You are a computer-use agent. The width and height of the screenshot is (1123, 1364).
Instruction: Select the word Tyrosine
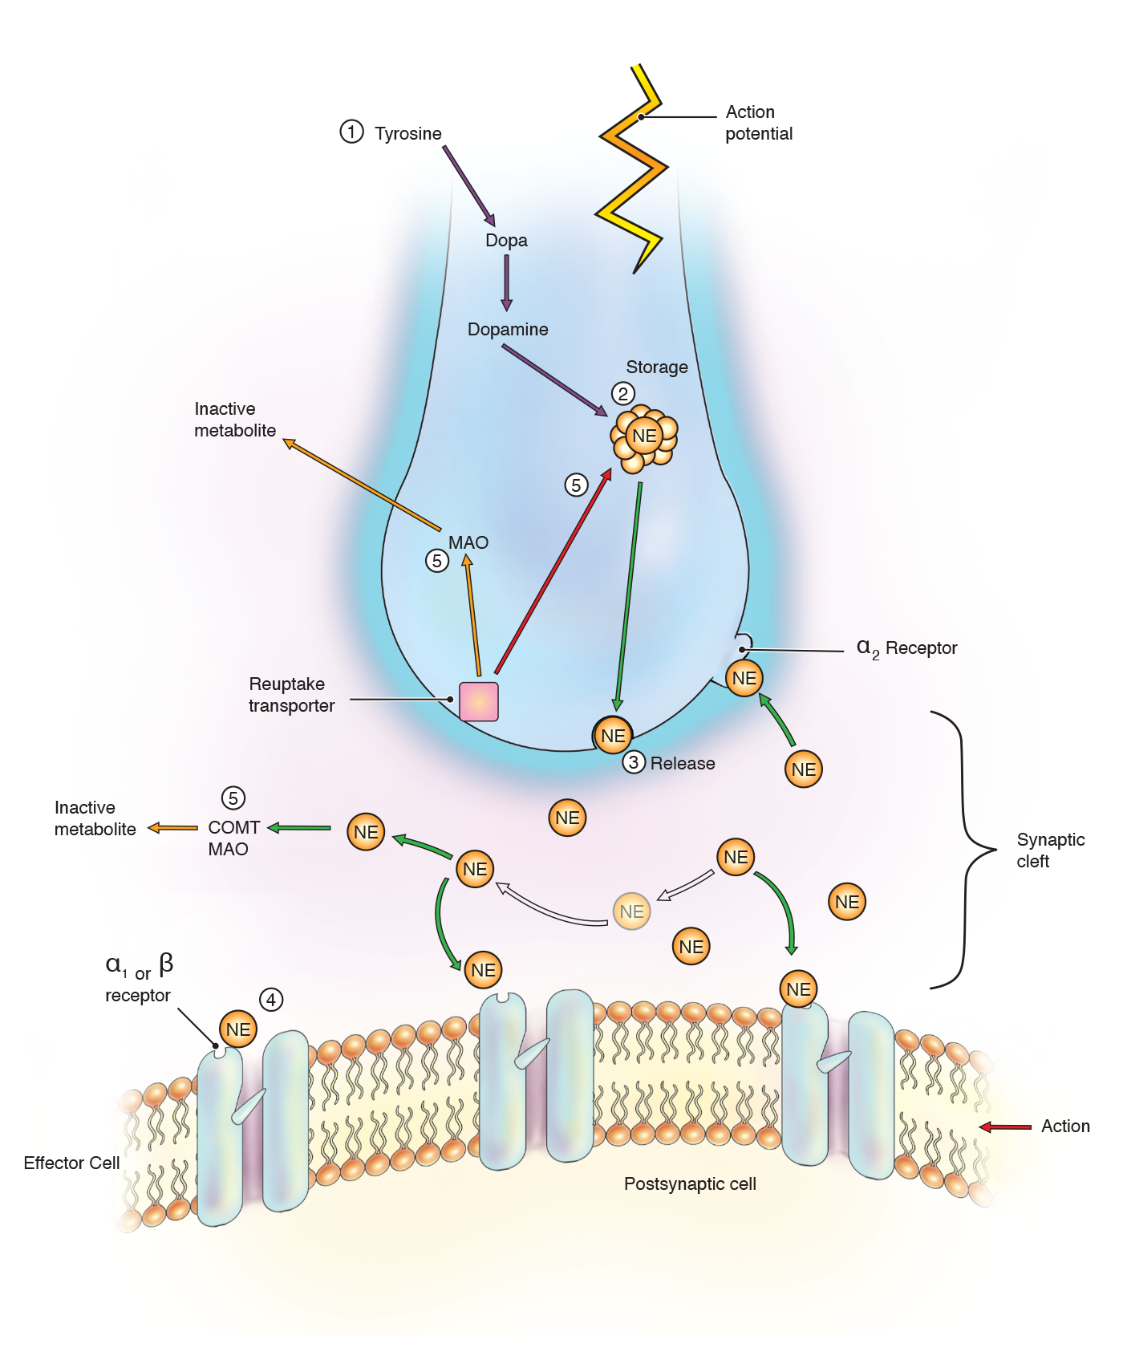point(407,133)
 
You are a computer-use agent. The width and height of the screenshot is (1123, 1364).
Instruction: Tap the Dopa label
point(506,240)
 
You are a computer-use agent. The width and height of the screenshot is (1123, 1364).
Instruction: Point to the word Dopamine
point(508,329)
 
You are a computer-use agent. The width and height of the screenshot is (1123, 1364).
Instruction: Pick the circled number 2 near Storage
point(623,393)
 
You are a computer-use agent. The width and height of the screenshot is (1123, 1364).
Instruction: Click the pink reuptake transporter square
point(479,701)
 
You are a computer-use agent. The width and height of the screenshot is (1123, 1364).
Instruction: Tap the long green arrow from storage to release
point(629,594)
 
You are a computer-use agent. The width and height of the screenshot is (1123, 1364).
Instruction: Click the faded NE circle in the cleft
point(631,911)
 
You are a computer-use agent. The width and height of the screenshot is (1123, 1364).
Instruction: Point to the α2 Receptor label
point(907,647)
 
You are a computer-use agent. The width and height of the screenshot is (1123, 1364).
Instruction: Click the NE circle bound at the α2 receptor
point(744,678)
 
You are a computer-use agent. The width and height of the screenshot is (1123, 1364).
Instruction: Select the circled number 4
point(271,1000)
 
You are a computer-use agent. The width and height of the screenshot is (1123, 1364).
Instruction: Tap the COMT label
point(233,827)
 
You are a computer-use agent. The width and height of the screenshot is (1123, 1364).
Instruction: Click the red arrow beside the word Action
point(1006,1127)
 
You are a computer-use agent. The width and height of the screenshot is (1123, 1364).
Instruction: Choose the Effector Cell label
point(71,1163)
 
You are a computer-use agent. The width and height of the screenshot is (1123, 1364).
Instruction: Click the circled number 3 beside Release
point(634,762)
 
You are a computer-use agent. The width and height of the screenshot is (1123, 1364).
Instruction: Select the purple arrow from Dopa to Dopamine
point(506,282)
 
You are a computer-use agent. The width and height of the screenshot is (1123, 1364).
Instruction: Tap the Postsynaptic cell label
point(690,1183)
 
